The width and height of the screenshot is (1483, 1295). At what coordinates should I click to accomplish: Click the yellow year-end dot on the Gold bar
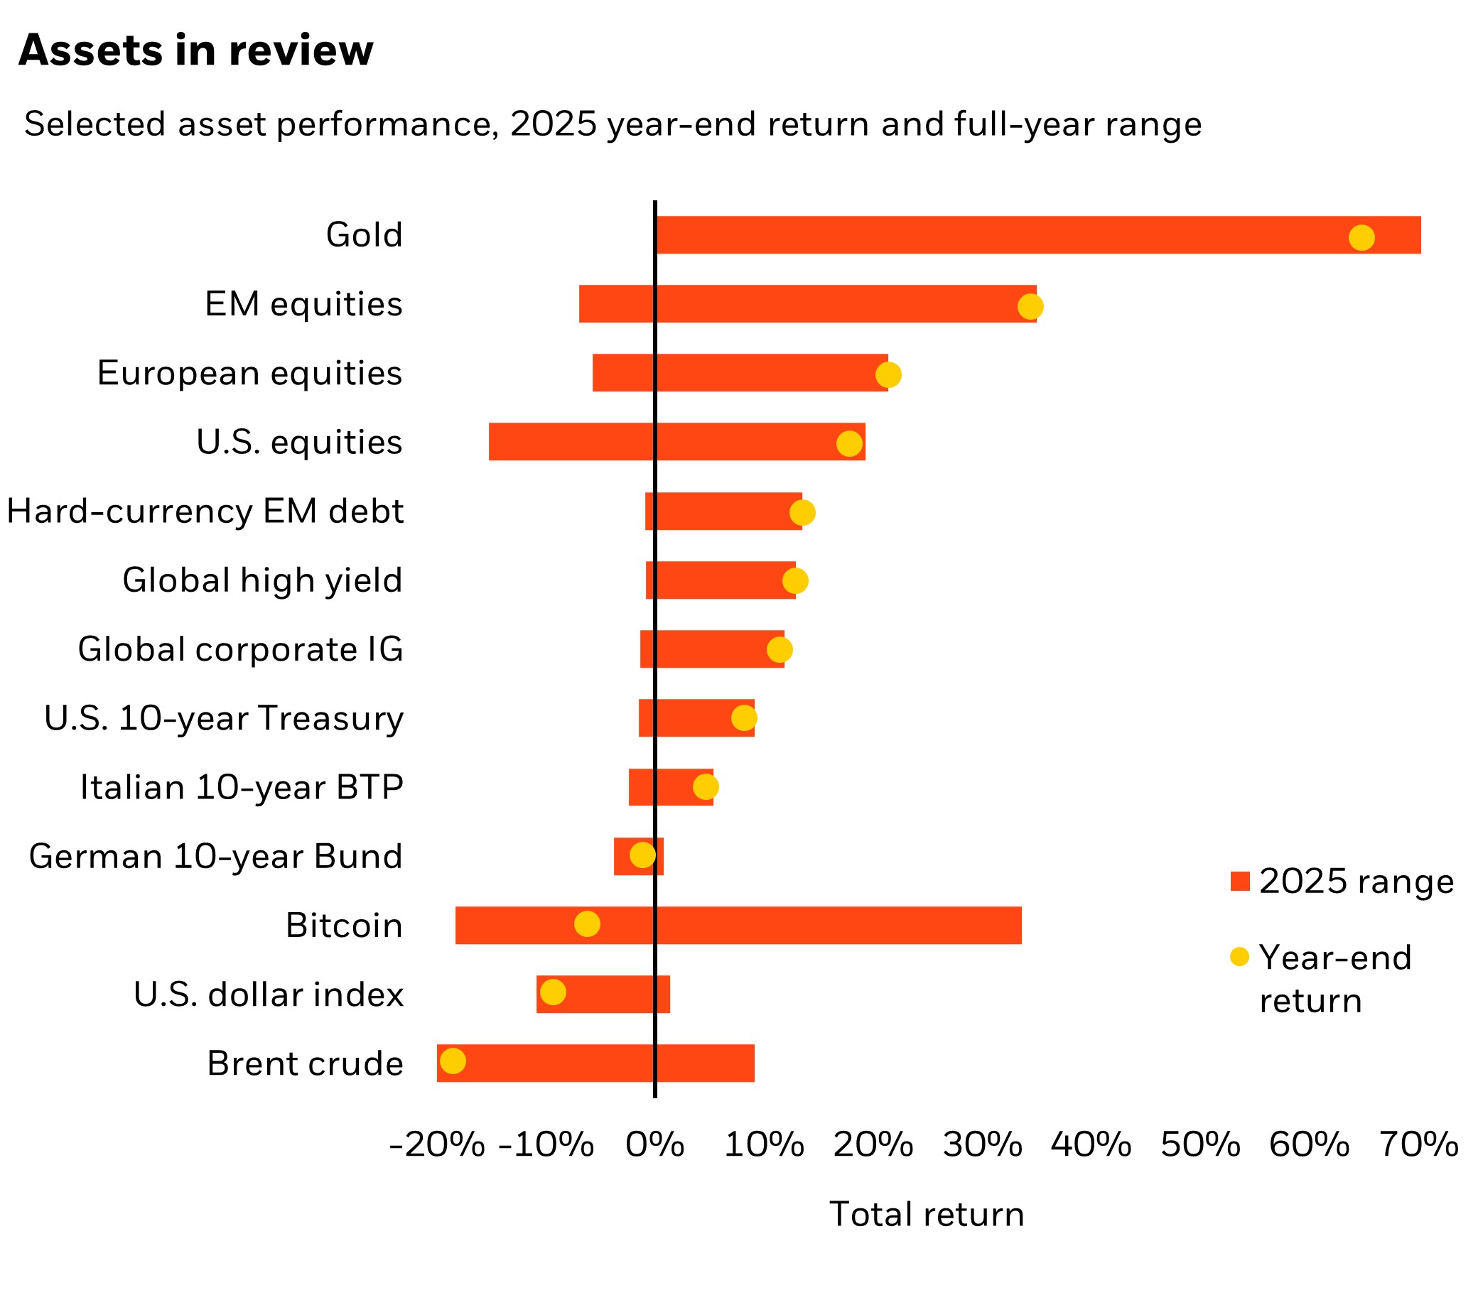click(1361, 237)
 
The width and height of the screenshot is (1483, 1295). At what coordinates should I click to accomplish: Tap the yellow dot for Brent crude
click(453, 1061)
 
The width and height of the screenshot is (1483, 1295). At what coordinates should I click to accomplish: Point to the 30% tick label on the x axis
click(982, 1145)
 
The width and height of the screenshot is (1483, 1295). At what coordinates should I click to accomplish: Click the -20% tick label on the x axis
click(436, 1145)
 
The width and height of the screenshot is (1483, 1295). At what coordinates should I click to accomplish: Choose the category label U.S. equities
click(298, 443)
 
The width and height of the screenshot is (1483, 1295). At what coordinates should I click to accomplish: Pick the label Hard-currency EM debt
click(205, 511)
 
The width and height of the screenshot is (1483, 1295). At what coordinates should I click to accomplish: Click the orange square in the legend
click(1239, 882)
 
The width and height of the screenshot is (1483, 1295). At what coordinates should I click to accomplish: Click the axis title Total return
click(927, 1214)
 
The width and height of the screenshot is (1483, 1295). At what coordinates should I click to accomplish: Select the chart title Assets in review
click(196, 50)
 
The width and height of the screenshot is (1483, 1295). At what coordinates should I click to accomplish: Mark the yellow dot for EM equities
click(1030, 306)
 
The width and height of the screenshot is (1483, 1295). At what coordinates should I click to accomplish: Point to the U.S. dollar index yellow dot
click(553, 992)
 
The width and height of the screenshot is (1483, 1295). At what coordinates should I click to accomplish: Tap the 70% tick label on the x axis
click(1418, 1145)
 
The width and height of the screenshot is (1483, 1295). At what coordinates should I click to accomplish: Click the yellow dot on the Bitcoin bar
click(587, 923)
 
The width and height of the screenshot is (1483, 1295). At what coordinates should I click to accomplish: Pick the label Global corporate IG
click(240, 650)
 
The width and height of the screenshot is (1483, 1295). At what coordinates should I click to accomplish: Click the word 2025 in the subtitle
click(554, 124)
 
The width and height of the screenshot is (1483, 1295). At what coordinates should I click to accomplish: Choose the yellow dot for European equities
click(888, 375)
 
